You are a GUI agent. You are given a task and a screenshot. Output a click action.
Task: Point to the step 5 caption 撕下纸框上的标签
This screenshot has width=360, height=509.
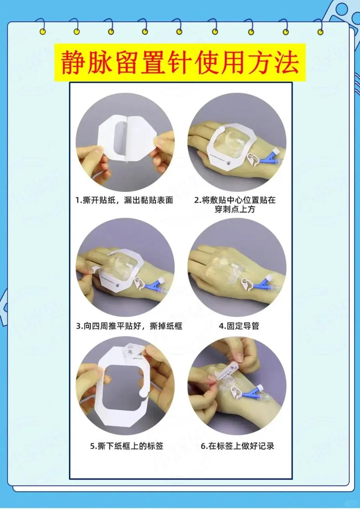coord(126,446)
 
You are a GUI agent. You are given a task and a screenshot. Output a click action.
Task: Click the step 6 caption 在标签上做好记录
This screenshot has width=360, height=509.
coord(237,446)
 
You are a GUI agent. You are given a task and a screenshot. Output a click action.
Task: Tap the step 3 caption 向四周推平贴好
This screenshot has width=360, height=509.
coord(129,325)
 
